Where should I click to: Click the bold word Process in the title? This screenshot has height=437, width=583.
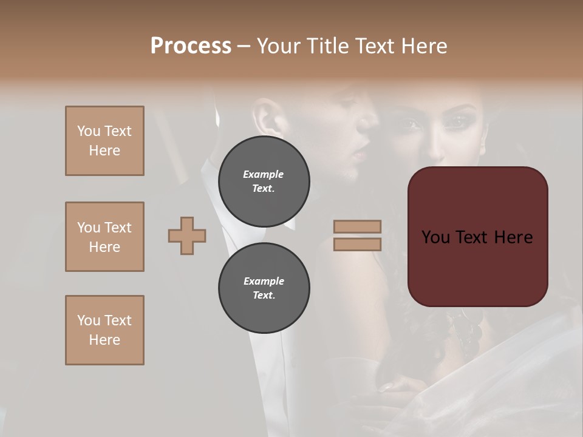(x=191, y=46)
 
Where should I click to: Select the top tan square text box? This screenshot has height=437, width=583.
(x=104, y=141)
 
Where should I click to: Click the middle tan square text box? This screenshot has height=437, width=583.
(x=104, y=237)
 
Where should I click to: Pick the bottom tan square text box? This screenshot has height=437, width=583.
(x=104, y=330)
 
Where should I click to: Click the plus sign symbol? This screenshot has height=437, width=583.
(x=187, y=235)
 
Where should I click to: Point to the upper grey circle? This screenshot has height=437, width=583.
(x=264, y=181)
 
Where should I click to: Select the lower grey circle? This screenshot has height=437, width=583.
(x=264, y=288)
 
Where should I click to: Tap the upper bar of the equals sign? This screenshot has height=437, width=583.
(x=357, y=226)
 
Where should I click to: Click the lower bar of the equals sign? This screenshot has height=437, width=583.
(x=357, y=244)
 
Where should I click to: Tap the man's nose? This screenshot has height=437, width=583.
(x=366, y=124)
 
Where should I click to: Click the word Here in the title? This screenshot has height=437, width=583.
(x=425, y=46)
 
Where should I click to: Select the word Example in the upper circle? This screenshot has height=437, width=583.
(x=263, y=174)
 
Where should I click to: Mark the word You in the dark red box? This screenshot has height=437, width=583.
(x=435, y=237)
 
